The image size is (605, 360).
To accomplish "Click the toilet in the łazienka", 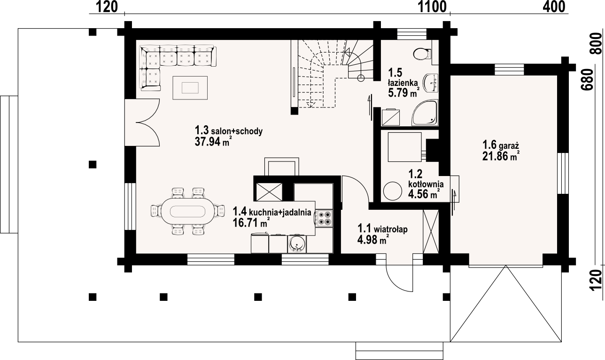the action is point(422,54).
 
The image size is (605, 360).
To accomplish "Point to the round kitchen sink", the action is point(296,245).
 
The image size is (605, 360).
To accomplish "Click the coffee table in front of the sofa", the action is point(190,88).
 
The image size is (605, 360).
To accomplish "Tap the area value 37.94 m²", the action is point(212,142).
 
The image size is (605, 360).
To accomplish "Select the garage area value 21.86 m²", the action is point(501,156).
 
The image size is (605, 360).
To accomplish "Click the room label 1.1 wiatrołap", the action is point(382,229).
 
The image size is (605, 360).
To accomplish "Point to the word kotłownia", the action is point(426,184).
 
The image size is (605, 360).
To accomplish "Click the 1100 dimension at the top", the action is point(432,7).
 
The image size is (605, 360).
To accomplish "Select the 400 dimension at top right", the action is point(554,7).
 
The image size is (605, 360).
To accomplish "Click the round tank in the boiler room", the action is point(392,191).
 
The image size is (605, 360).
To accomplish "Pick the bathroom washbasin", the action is point(431,83).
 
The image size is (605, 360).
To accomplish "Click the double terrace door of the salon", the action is point(142,122).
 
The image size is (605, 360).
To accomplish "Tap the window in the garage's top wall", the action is point(509,69).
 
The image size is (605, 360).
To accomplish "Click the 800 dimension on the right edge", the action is point(596,44).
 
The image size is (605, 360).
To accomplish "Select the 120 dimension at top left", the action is point(107,7).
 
